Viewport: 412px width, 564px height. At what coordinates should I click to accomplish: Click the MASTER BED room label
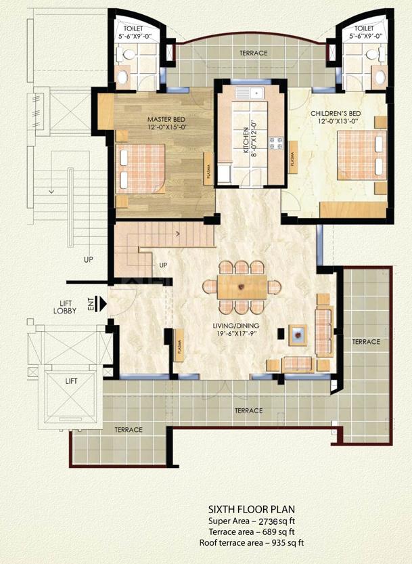click(162, 121)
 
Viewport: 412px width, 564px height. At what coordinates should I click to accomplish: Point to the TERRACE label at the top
click(253, 53)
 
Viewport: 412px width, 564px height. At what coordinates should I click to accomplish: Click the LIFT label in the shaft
click(71, 381)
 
